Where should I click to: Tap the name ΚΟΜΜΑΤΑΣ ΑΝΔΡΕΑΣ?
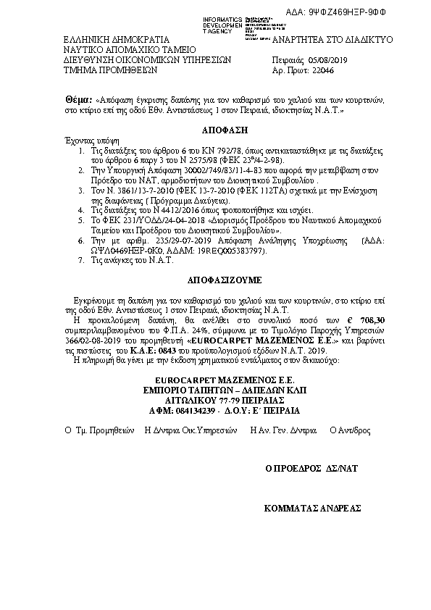[x=312, y=509]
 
